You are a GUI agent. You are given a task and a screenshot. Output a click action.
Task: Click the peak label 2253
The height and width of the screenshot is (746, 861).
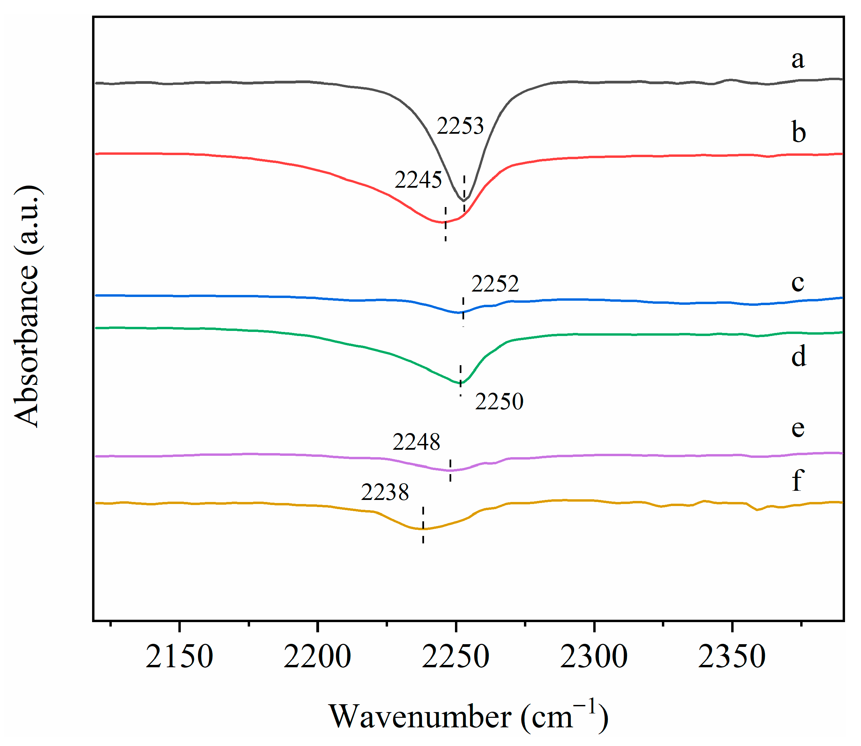460,126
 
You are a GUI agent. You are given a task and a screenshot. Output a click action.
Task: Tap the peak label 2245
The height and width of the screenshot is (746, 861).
418,180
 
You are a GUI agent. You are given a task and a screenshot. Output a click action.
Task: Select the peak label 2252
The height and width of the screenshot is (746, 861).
495,284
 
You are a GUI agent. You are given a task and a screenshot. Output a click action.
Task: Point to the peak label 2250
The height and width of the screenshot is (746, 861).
499,402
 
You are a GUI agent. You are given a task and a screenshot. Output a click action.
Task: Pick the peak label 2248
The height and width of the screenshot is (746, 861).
416,442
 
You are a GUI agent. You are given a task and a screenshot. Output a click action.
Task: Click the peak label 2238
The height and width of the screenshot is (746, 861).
385,492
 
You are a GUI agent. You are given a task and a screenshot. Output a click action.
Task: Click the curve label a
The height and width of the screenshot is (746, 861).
798,59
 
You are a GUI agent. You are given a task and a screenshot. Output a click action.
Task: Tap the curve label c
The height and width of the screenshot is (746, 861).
798,283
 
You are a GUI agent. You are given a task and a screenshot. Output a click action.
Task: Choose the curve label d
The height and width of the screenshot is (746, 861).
798,356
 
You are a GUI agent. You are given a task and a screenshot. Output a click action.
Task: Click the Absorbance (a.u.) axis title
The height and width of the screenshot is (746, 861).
28,306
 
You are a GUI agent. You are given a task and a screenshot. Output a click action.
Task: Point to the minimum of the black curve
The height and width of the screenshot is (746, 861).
463,201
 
